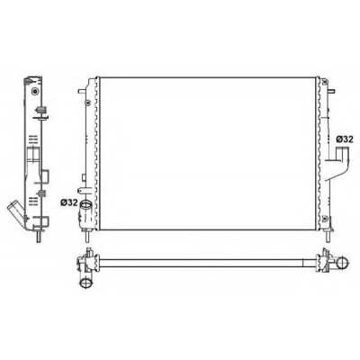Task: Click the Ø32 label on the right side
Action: (x=344, y=139)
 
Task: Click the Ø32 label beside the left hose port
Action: (x=68, y=202)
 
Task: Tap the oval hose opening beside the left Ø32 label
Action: (x=85, y=204)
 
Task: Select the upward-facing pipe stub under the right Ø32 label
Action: (x=340, y=154)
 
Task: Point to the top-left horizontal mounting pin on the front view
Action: (x=82, y=91)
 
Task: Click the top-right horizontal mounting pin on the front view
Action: (x=331, y=91)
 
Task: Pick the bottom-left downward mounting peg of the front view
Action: (x=86, y=236)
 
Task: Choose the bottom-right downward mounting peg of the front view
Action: (x=328, y=236)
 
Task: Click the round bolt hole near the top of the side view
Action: (x=36, y=91)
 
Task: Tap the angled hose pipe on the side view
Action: (x=15, y=211)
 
